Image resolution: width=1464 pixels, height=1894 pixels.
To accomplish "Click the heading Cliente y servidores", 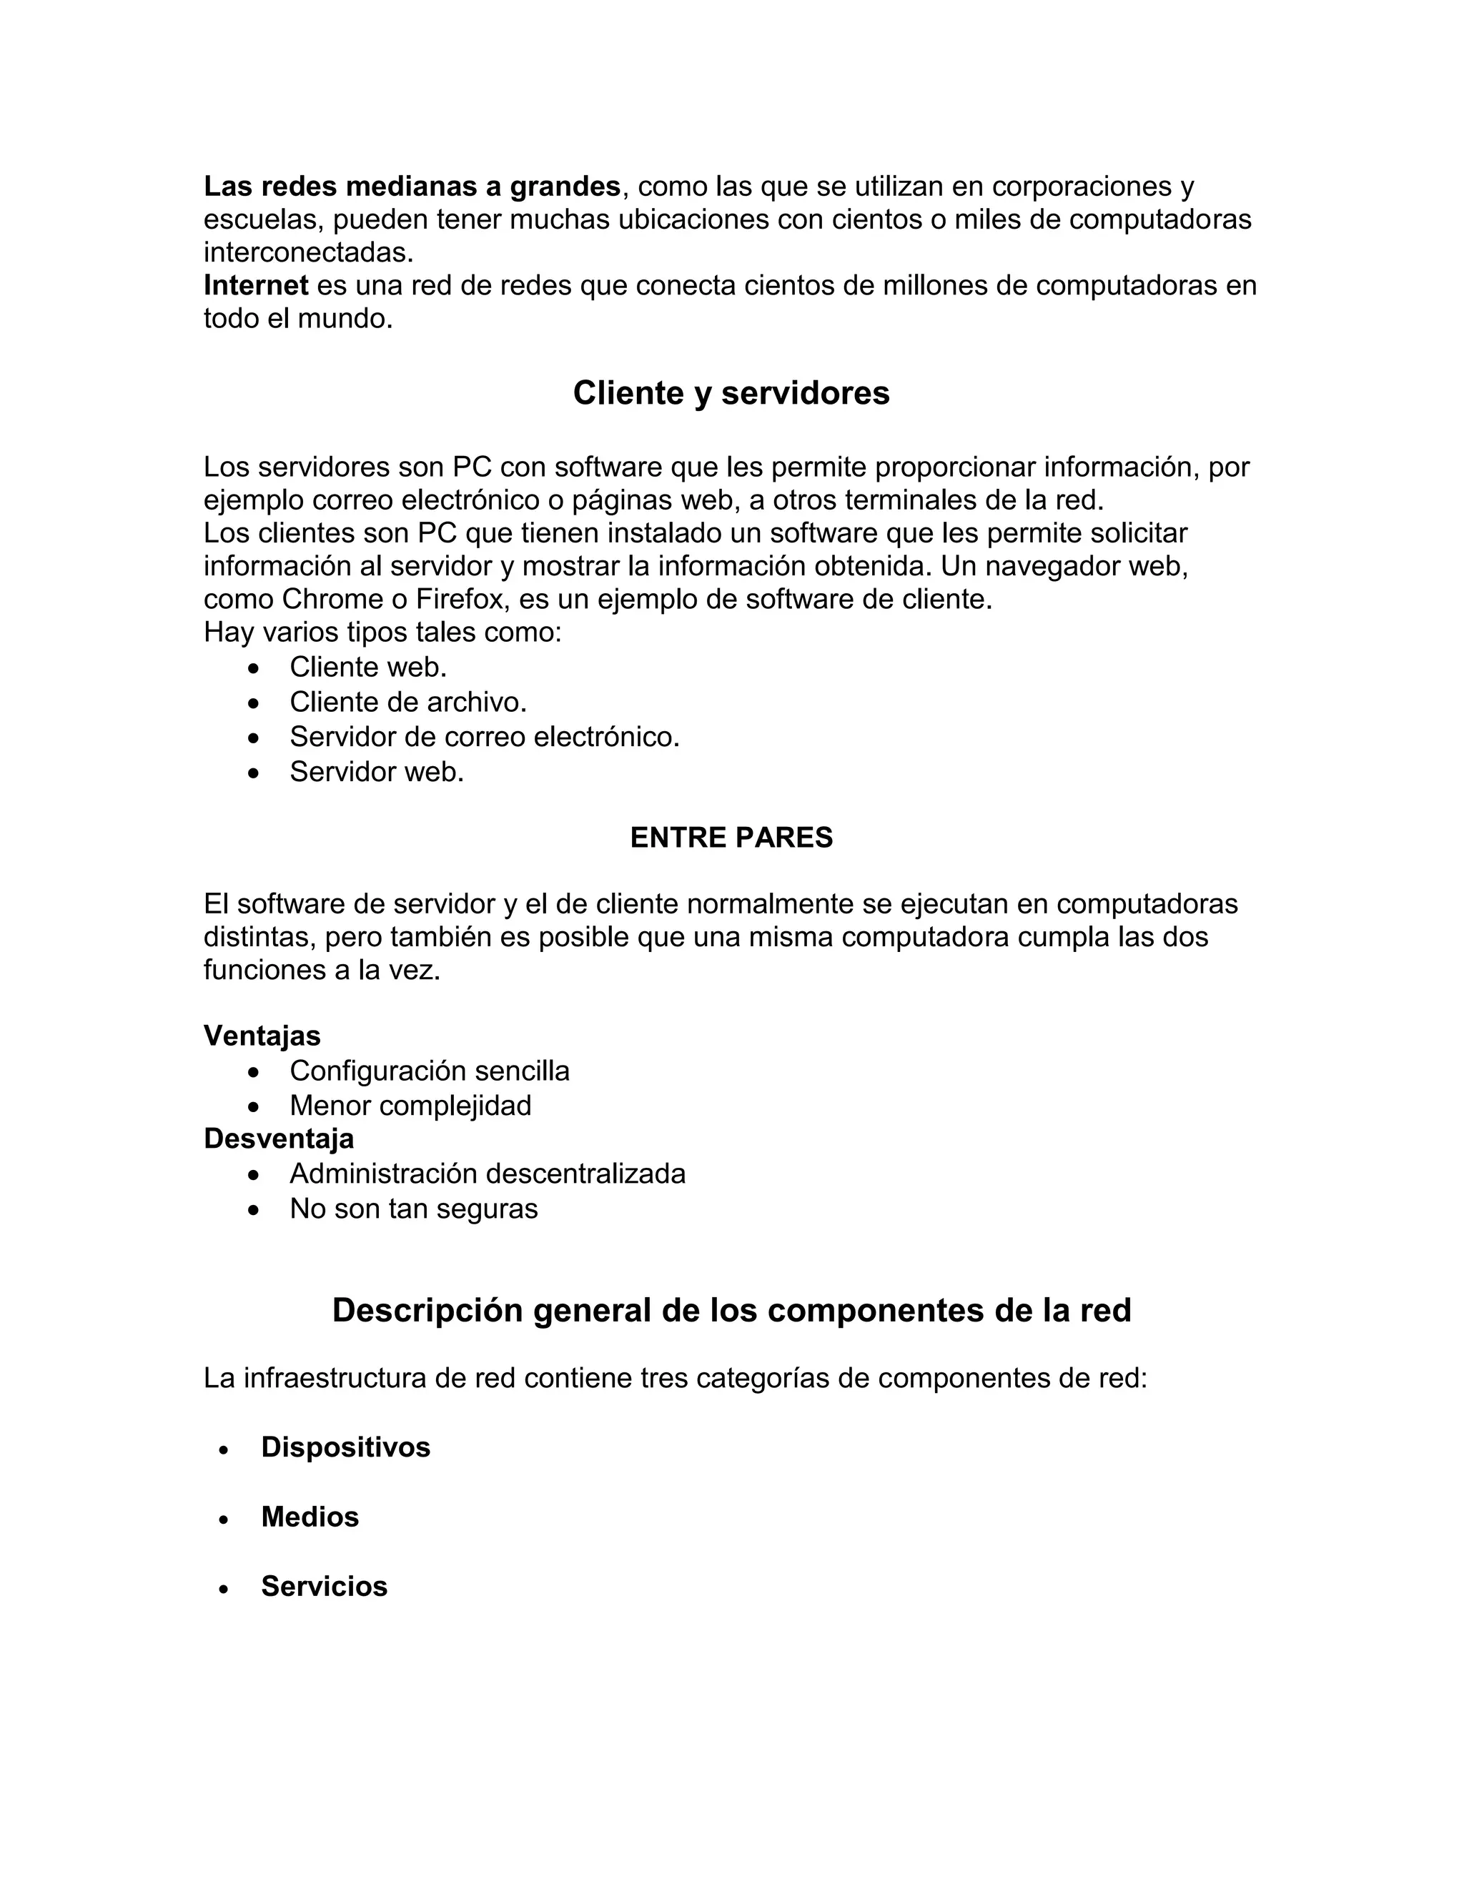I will pos(731,393).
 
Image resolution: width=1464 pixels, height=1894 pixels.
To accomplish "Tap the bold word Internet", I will pos(256,285).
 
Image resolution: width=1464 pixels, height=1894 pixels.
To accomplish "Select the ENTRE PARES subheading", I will pos(731,837).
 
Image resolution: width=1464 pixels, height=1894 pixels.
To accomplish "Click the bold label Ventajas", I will pos(262,1036).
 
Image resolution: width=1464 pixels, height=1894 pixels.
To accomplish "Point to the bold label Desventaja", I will pos(278,1138).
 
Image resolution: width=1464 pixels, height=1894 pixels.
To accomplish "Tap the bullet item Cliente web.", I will pos(367,667).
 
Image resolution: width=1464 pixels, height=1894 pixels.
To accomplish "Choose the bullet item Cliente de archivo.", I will pos(407,702).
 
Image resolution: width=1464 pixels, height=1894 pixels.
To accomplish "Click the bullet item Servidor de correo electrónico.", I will pos(484,736).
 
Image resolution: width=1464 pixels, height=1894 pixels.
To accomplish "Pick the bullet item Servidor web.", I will pos(377,771).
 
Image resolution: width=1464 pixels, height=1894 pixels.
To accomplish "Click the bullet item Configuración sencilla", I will pos(430,1071).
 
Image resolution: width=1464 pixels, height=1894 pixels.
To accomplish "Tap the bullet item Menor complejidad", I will pos(410,1106).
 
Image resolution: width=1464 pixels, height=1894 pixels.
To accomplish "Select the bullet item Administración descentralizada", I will pos(488,1174).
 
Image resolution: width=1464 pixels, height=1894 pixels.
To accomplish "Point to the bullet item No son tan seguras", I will pos(414,1208).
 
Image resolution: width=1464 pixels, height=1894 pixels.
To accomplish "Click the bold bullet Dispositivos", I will pos(345,1447).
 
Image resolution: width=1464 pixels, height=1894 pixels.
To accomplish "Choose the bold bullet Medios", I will pos(310,1517).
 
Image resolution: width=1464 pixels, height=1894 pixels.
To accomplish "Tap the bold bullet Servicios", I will pos(324,1586).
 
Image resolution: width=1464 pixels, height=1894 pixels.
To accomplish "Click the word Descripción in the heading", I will pos(428,1310).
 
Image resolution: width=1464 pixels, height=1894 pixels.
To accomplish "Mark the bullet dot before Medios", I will pos(224,1519).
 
